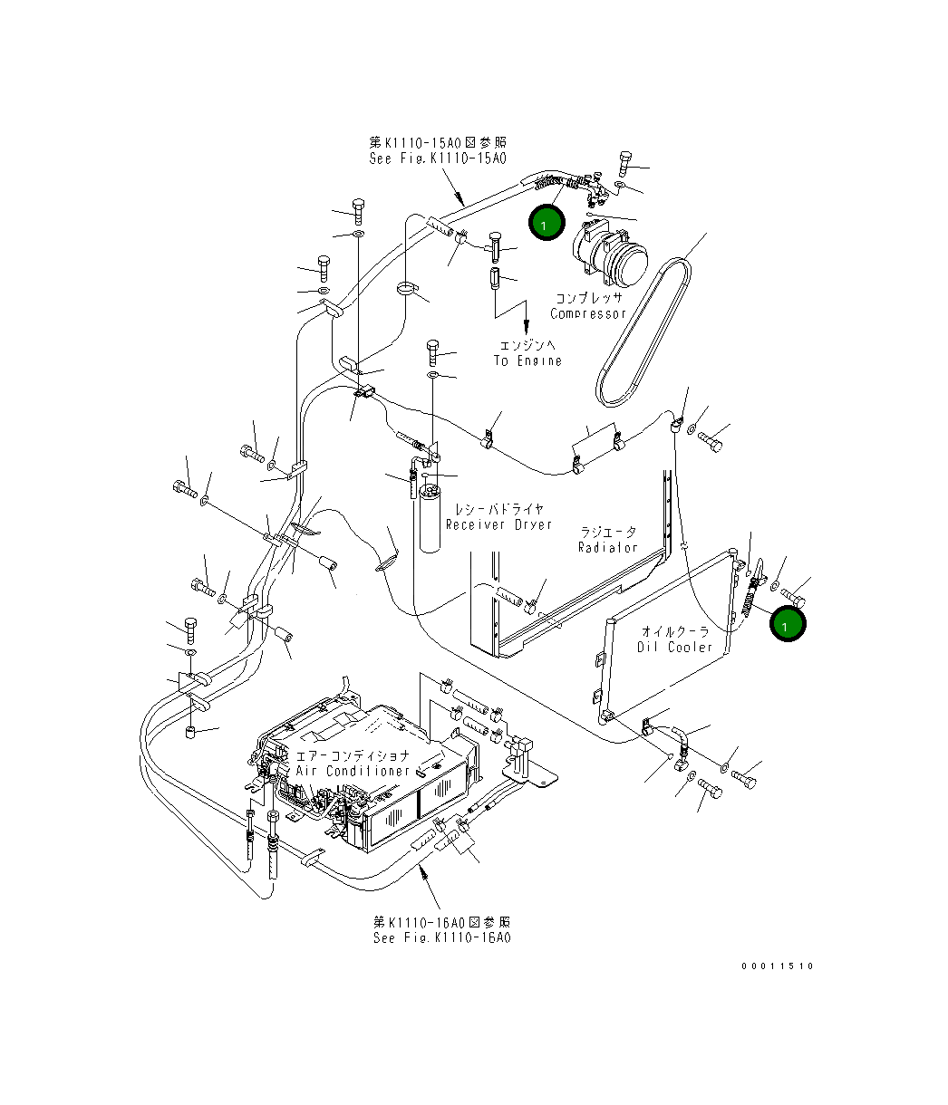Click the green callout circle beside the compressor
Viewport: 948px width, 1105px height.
pyautogui.click(x=547, y=223)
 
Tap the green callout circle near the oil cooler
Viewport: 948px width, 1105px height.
pyautogui.click(x=787, y=624)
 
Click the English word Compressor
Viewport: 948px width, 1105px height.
pyautogui.click(x=588, y=313)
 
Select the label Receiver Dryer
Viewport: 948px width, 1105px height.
pyautogui.click(x=498, y=524)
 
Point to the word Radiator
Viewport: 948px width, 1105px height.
pyautogui.click(x=608, y=547)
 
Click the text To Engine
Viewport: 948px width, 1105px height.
pyautogui.click(x=527, y=360)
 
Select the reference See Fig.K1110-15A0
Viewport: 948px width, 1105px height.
pyautogui.click(x=437, y=159)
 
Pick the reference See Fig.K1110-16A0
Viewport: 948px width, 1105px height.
pyautogui.click(x=441, y=937)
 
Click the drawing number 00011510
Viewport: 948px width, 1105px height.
pyautogui.click(x=777, y=966)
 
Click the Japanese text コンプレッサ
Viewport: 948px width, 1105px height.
pyautogui.click(x=588, y=298)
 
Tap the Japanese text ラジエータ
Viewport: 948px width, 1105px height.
pyautogui.click(x=608, y=533)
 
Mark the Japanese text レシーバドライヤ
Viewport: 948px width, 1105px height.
pyautogui.click(x=498, y=509)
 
